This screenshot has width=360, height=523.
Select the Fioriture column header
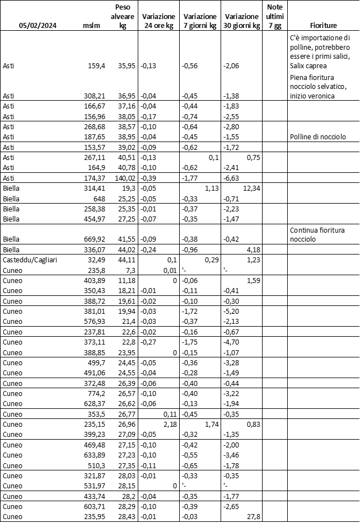click(x=323, y=26)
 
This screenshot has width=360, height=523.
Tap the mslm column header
click(x=91, y=26)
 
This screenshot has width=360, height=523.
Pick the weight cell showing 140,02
click(x=124, y=177)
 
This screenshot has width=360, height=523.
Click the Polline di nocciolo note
click(x=317, y=137)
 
